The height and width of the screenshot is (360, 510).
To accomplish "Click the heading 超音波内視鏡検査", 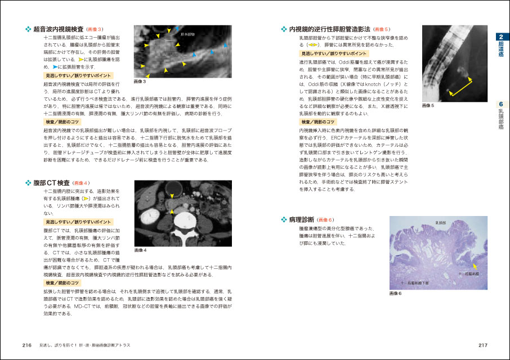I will pyautogui.click(x=58, y=29).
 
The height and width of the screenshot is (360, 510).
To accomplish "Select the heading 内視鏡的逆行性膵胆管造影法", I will pyautogui.click(x=329, y=29).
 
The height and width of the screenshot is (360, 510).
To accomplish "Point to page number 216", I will pyautogui.click(x=27, y=345).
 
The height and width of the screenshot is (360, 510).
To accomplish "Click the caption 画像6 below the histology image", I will pyautogui.click(x=395, y=292).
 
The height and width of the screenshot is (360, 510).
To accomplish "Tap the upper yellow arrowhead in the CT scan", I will pyautogui.click(x=171, y=196).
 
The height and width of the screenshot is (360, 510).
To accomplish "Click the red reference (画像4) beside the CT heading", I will pyautogui.click(x=80, y=183).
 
